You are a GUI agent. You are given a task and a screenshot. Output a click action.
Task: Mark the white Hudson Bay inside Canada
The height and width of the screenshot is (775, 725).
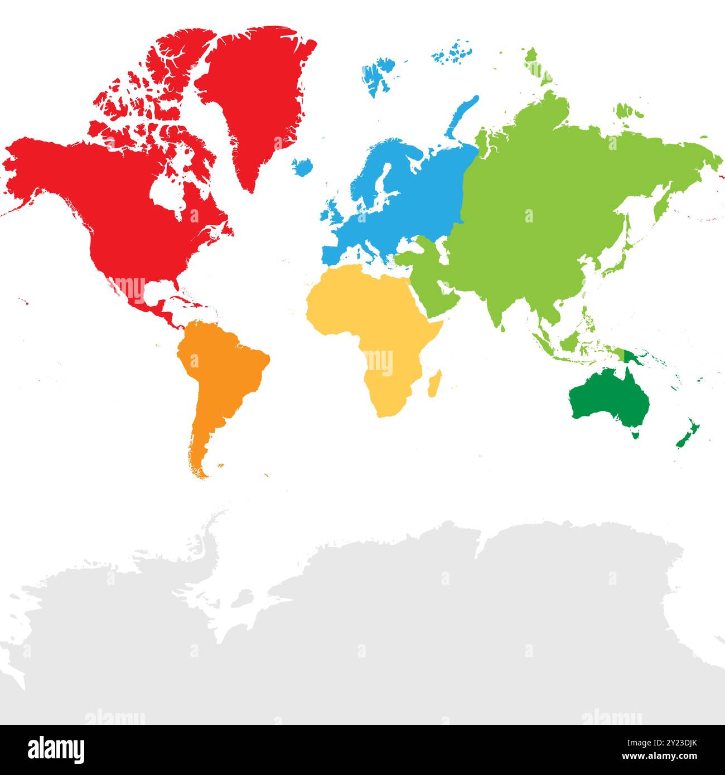167,195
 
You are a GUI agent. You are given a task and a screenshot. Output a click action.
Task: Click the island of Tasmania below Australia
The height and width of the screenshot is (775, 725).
635,433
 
